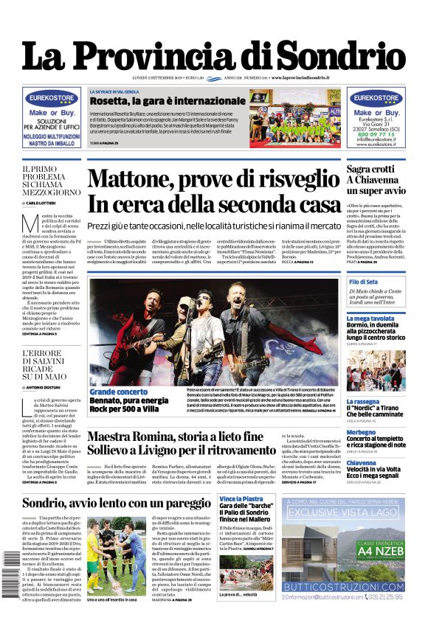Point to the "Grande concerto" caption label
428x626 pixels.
(118, 392)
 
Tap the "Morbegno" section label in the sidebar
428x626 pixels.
(362, 432)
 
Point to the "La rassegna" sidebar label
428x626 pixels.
(363, 402)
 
